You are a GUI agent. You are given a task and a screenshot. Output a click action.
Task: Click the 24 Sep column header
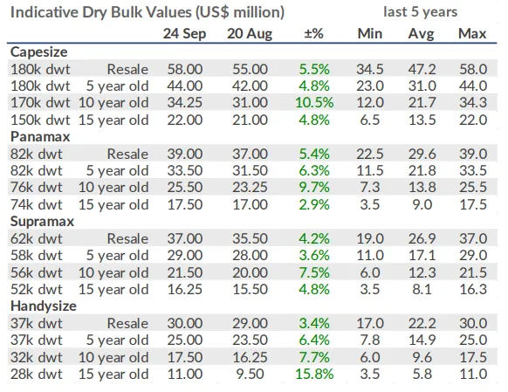[x=184, y=34]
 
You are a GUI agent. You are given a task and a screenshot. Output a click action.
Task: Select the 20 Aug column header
[x=250, y=34]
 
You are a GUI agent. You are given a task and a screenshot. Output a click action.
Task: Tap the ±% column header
[x=313, y=33]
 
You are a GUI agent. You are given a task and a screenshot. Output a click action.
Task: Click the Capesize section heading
[x=39, y=52]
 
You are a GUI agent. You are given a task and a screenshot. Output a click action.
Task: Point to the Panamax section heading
[x=40, y=137]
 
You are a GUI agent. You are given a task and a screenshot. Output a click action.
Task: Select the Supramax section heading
[x=42, y=222]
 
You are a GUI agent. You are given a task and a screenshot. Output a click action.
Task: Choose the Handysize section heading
[x=44, y=306]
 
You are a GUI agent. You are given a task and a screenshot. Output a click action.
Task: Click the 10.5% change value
[x=314, y=103]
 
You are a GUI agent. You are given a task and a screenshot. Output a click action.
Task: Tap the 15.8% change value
[x=314, y=375]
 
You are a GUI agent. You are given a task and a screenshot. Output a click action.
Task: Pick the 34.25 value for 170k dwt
[x=185, y=103]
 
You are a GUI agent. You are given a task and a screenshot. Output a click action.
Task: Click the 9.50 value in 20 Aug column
[x=250, y=375]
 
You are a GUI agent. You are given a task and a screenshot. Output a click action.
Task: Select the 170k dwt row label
[x=40, y=103]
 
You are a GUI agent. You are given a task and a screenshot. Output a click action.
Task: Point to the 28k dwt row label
[x=37, y=375]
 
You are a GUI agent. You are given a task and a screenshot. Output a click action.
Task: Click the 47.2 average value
[x=422, y=69]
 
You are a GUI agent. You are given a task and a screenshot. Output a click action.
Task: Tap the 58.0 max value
[x=473, y=69]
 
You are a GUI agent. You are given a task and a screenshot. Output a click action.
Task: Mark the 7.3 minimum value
[x=370, y=187]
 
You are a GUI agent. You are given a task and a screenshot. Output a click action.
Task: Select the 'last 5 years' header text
[x=420, y=12]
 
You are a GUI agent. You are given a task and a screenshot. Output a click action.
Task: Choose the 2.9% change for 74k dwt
[x=314, y=205]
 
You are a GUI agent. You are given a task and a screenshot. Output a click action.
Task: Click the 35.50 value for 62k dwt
[x=250, y=238]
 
